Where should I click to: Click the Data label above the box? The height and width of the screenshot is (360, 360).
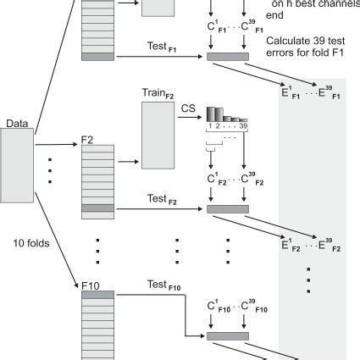click(x=16, y=124)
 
